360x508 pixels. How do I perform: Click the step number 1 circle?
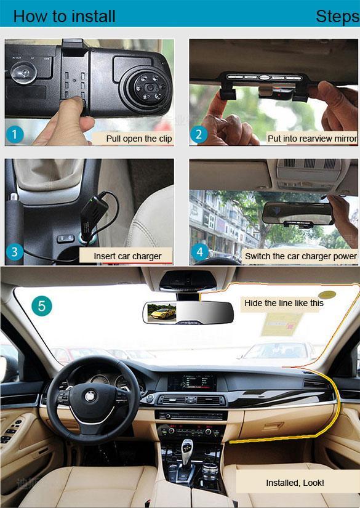tap(15, 134)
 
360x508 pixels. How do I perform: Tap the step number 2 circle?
tap(198, 134)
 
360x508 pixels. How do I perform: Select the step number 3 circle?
tap(15, 252)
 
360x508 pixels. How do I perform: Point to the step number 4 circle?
tap(200, 252)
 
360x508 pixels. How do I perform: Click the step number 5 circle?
tap(42, 306)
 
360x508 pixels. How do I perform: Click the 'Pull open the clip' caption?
tap(139, 139)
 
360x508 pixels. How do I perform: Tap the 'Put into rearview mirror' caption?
tap(312, 139)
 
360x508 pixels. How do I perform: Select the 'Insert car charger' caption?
tap(127, 256)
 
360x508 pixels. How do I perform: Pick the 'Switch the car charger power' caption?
tap(301, 256)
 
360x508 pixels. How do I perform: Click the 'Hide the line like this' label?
tap(284, 303)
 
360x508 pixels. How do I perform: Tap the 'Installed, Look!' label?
tap(295, 483)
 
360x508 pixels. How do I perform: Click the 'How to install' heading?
tap(64, 16)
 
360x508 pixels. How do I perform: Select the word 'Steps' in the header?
tap(338, 16)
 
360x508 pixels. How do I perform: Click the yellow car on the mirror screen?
tap(162, 313)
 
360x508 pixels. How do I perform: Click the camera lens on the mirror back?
tap(150, 87)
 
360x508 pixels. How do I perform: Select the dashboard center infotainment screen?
tap(191, 382)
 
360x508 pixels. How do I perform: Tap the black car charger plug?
tap(94, 216)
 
